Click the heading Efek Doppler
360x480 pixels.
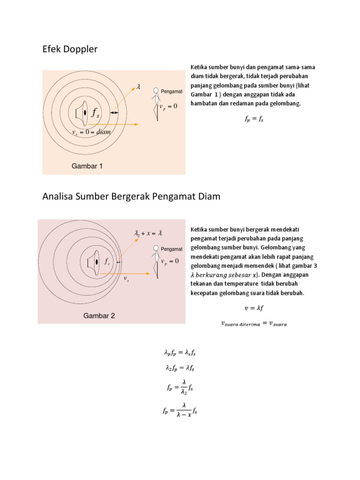coord(70,49)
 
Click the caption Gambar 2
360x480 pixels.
coord(99,315)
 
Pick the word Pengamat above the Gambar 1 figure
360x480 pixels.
coord(171,91)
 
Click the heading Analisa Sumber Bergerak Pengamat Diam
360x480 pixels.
coord(131,196)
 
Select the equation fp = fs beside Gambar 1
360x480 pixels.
coord(254,120)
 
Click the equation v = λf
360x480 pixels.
coord(254,308)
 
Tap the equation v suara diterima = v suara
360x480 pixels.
coord(254,323)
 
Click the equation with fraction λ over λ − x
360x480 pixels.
coord(180,411)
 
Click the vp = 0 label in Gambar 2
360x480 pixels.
coord(170,261)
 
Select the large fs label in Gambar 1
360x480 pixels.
coord(95,112)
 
